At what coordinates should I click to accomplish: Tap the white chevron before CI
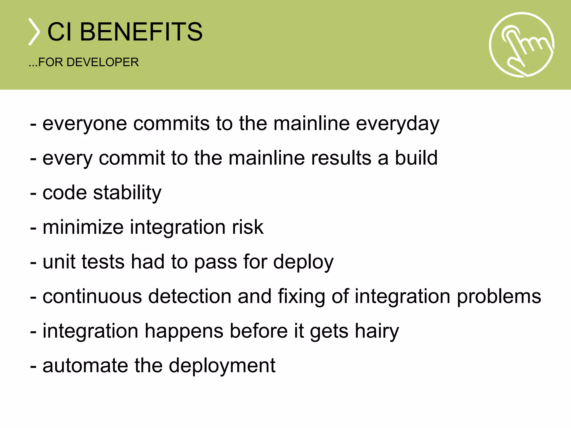34,32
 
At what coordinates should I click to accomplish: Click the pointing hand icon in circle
522,45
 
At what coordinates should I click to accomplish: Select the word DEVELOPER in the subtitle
103,62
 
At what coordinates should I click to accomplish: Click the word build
416,158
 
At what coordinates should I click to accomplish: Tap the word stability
127,193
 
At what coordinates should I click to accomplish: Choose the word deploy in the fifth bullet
303,262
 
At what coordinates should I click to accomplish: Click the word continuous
92,296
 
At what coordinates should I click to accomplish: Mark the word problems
499,297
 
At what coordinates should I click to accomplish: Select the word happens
184,331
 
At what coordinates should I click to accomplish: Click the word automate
85,366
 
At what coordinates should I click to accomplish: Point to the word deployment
222,366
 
